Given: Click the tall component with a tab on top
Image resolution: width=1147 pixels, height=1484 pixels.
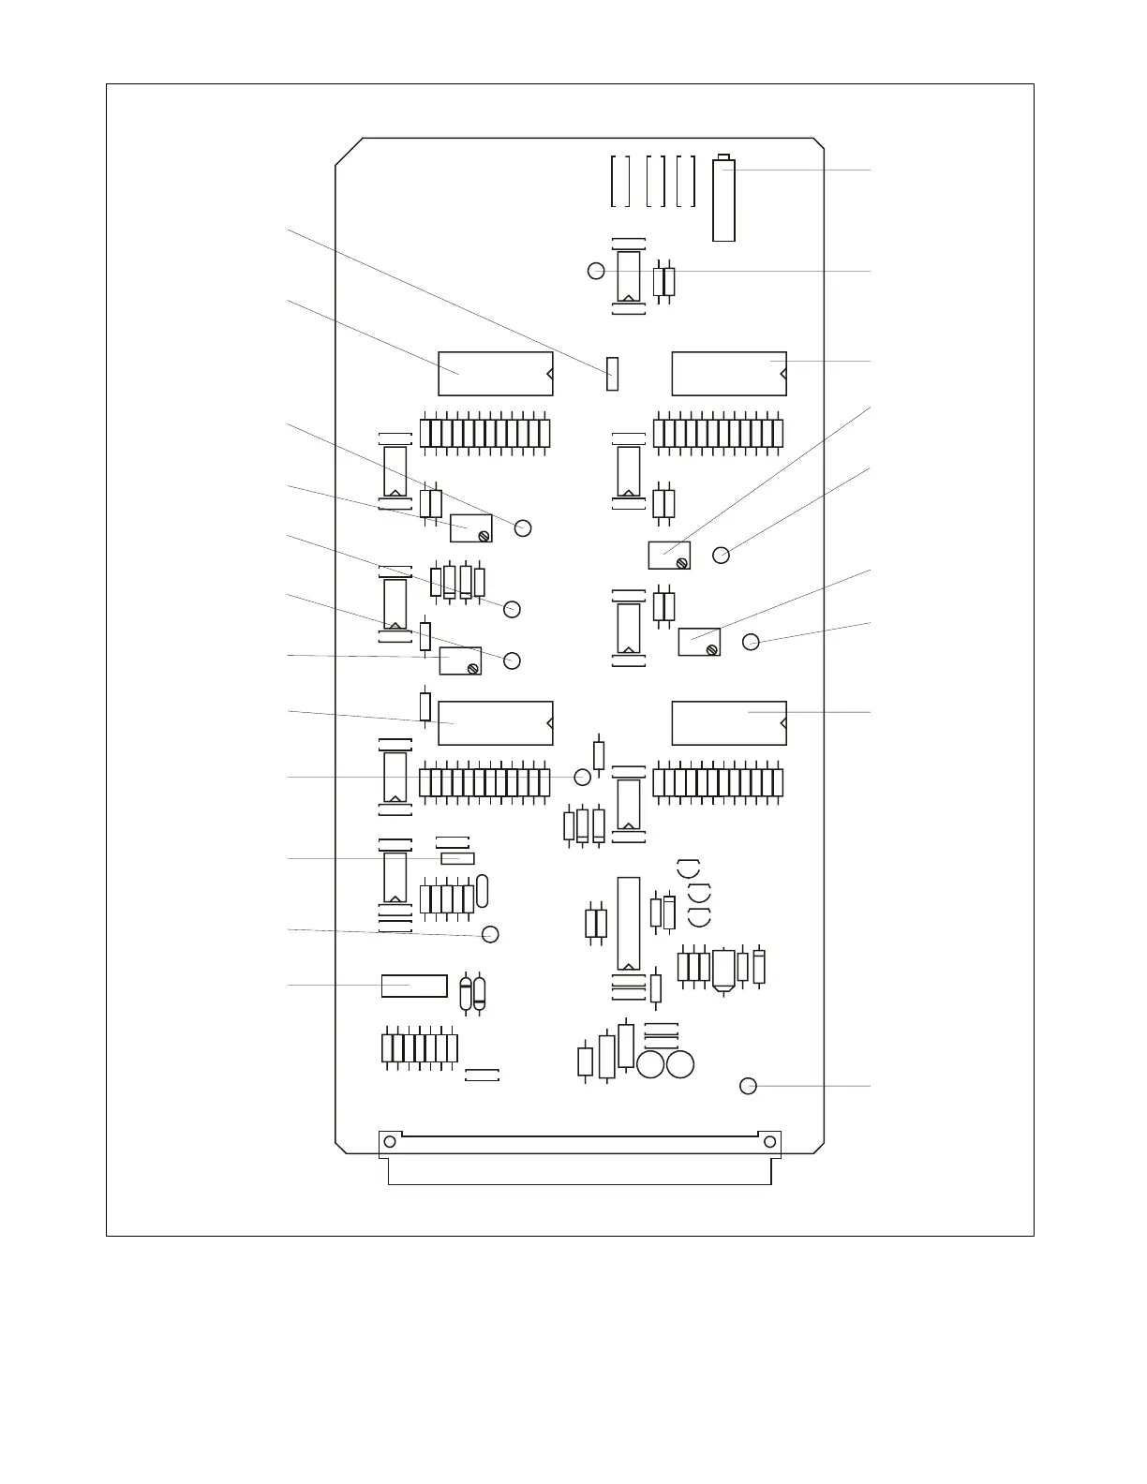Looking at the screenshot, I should pyautogui.click(x=723, y=200).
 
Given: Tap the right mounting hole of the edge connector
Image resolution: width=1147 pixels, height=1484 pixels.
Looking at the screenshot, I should pyautogui.click(x=769, y=1141).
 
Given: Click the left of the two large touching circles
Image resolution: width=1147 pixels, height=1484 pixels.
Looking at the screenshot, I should pyautogui.click(x=651, y=1065).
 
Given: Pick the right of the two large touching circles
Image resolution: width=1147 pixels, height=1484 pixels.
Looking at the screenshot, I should pyautogui.click(x=680, y=1065).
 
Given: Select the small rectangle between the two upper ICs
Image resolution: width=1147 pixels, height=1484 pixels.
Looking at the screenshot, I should pyautogui.click(x=613, y=373).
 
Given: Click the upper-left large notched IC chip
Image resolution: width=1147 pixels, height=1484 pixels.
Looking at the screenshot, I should pyautogui.click(x=495, y=374).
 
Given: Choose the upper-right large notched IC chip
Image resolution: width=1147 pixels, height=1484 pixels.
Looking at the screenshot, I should pyautogui.click(x=728, y=374).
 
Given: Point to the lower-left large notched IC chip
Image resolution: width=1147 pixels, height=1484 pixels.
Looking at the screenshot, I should pyautogui.click(x=495, y=722).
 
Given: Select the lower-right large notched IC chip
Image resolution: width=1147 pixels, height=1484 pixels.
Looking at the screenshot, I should pyautogui.click(x=728, y=722).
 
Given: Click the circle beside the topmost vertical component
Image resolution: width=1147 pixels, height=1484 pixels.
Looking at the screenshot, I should pyautogui.click(x=596, y=271).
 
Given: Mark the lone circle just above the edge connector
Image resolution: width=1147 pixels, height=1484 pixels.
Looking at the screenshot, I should pyautogui.click(x=748, y=1086).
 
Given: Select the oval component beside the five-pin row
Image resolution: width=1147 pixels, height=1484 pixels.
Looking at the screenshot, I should pyautogui.click(x=483, y=890).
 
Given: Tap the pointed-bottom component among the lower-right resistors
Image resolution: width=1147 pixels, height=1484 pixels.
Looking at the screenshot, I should pyautogui.click(x=723, y=971).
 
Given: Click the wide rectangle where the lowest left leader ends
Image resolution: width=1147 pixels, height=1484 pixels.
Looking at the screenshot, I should pyautogui.click(x=414, y=986).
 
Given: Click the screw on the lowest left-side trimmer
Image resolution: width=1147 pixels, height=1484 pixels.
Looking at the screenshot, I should pyautogui.click(x=473, y=668).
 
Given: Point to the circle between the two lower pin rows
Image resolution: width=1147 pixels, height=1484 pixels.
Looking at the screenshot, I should pyautogui.click(x=582, y=777).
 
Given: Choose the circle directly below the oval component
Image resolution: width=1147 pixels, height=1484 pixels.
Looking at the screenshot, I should pyautogui.click(x=489, y=934).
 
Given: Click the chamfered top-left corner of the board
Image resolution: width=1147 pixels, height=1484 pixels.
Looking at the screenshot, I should pyautogui.click(x=349, y=152).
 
